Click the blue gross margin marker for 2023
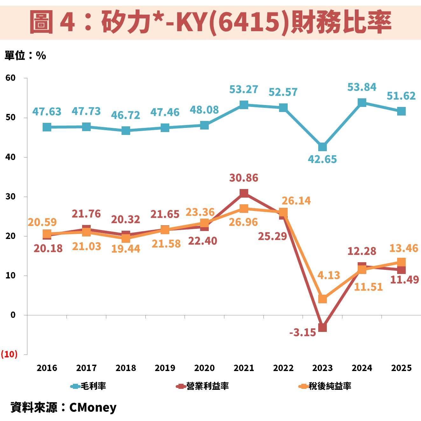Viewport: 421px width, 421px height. coord(322,147)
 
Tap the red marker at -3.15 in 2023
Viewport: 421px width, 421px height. coord(322,327)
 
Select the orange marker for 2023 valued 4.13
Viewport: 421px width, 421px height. coord(322,299)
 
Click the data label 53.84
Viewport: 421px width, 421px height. coord(362,87)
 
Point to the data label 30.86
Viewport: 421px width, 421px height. coord(244,178)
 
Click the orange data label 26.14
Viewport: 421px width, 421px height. coord(296,200)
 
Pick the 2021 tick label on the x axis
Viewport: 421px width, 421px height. coord(244,368)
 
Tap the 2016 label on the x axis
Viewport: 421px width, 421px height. coord(47,368)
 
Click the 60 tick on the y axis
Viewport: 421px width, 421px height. coord(10,78)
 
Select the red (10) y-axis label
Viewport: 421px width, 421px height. coord(9,354)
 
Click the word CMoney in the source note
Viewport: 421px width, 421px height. coord(93,407)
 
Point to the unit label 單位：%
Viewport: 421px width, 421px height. coord(25,56)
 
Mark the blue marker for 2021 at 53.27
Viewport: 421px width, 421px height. coord(244,105)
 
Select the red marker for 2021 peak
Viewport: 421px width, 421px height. coord(244,193)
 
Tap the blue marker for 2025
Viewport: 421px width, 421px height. coord(401,111)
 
